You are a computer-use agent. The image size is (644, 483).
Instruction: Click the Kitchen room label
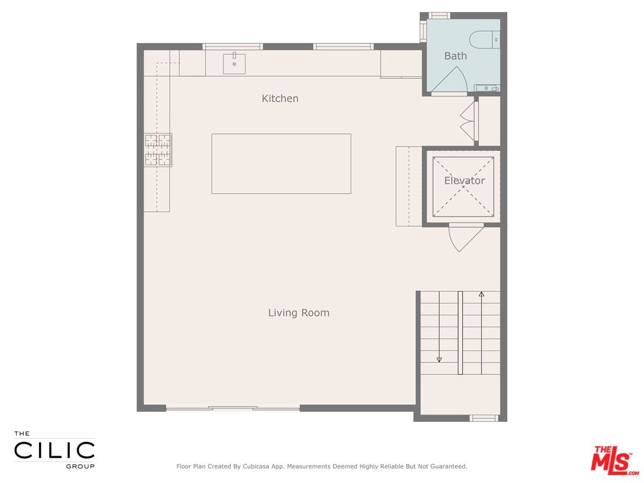coord(280,99)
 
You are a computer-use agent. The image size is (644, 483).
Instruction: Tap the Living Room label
coord(299,313)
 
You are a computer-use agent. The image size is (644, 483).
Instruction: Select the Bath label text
coord(455,56)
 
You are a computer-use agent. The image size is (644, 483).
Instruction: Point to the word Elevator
coord(464,180)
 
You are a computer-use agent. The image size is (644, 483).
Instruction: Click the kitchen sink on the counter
coord(234,64)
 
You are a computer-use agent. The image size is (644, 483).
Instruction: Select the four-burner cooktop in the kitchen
coord(158,150)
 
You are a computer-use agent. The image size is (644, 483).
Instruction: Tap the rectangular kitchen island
coord(281,164)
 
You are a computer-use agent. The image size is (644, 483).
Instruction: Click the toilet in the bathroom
coord(482,40)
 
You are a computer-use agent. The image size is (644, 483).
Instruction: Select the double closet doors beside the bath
coord(468,121)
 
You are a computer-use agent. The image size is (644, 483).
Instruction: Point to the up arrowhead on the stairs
coord(481,294)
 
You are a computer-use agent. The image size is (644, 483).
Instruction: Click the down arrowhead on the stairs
coord(439,360)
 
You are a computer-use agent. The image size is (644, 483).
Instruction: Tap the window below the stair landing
coord(484,418)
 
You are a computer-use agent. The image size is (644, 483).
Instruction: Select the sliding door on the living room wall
coord(233,408)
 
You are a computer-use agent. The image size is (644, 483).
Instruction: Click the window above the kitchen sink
coord(233,46)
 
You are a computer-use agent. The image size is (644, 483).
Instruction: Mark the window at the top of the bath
coord(439,15)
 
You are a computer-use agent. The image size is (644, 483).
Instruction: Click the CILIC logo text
coord(55,450)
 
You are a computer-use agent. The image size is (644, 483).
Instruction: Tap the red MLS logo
coord(611,460)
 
